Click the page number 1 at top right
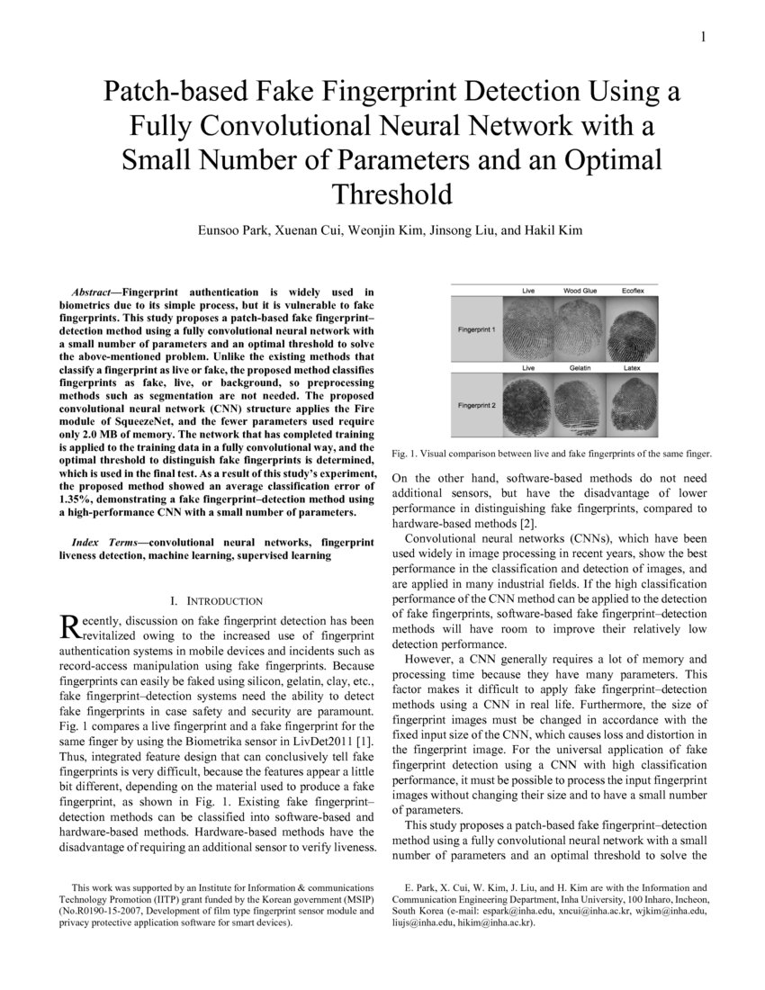pyautogui.click(x=702, y=37)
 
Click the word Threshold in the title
pyautogui.click(x=391, y=193)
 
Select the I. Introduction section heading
pyautogui.click(x=216, y=600)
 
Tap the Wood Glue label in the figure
pyautogui.click(x=580, y=291)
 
